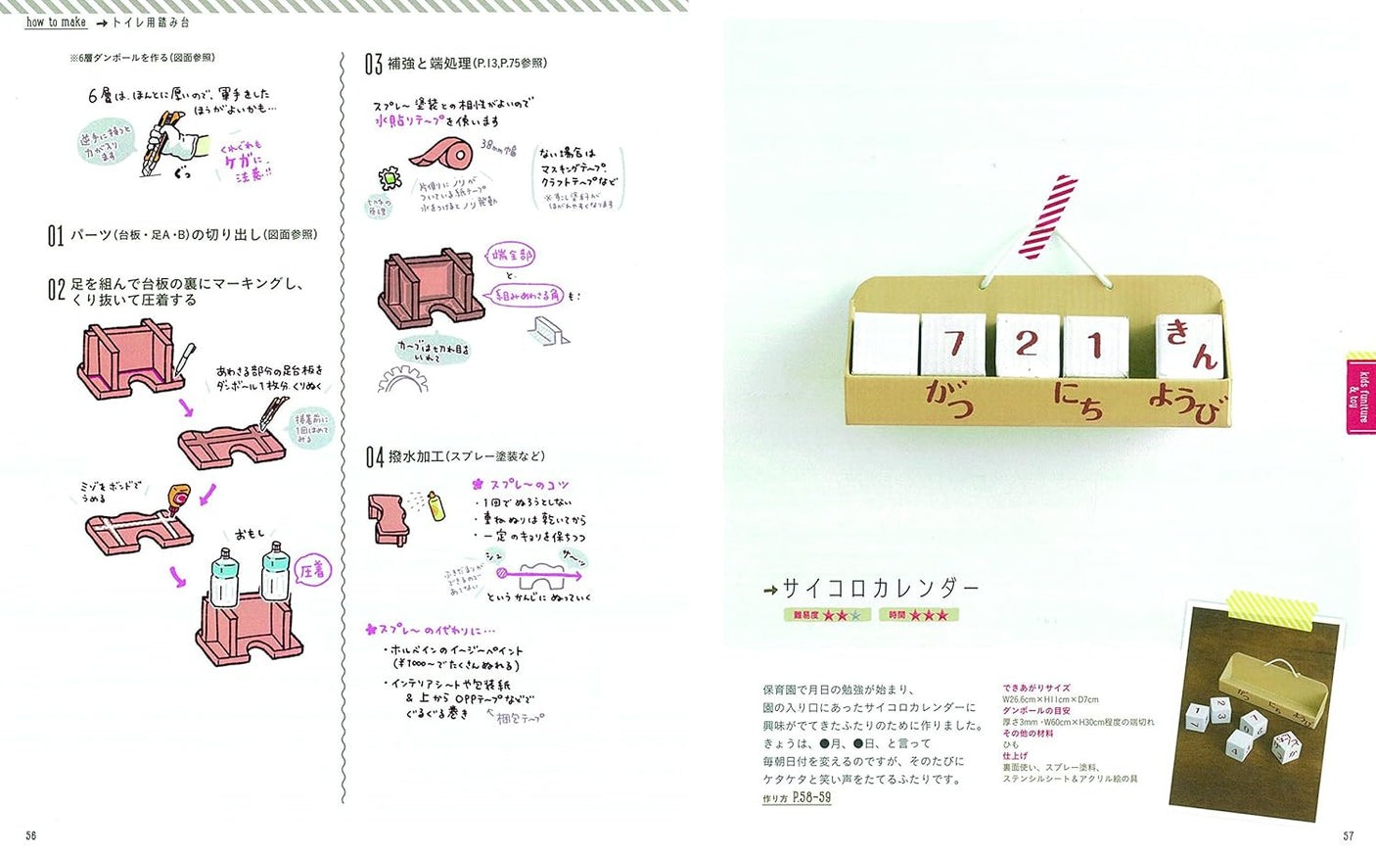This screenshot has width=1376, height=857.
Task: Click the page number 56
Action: click(31, 835)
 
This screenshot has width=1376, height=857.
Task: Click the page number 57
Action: click(1348, 835)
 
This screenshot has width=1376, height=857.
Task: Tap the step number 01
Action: click(56, 236)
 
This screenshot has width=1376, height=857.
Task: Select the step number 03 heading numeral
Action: click(373, 65)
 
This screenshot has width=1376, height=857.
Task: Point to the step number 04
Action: click(375, 457)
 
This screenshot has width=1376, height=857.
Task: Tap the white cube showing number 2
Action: click(1026, 344)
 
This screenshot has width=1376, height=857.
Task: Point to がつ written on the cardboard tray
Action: click(949, 397)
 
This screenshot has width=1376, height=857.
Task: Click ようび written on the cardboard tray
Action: click(1185, 403)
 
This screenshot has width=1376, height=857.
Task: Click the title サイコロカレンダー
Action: click(881, 588)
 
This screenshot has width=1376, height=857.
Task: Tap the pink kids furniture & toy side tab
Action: click(1360, 392)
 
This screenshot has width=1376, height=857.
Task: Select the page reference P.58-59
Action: click(811, 798)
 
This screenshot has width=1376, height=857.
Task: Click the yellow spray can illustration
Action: click(436, 505)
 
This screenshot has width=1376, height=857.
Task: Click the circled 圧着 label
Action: click(313, 570)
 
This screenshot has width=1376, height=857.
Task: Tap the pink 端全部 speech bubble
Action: click(511, 256)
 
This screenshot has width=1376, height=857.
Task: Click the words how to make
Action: click(56, 22)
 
